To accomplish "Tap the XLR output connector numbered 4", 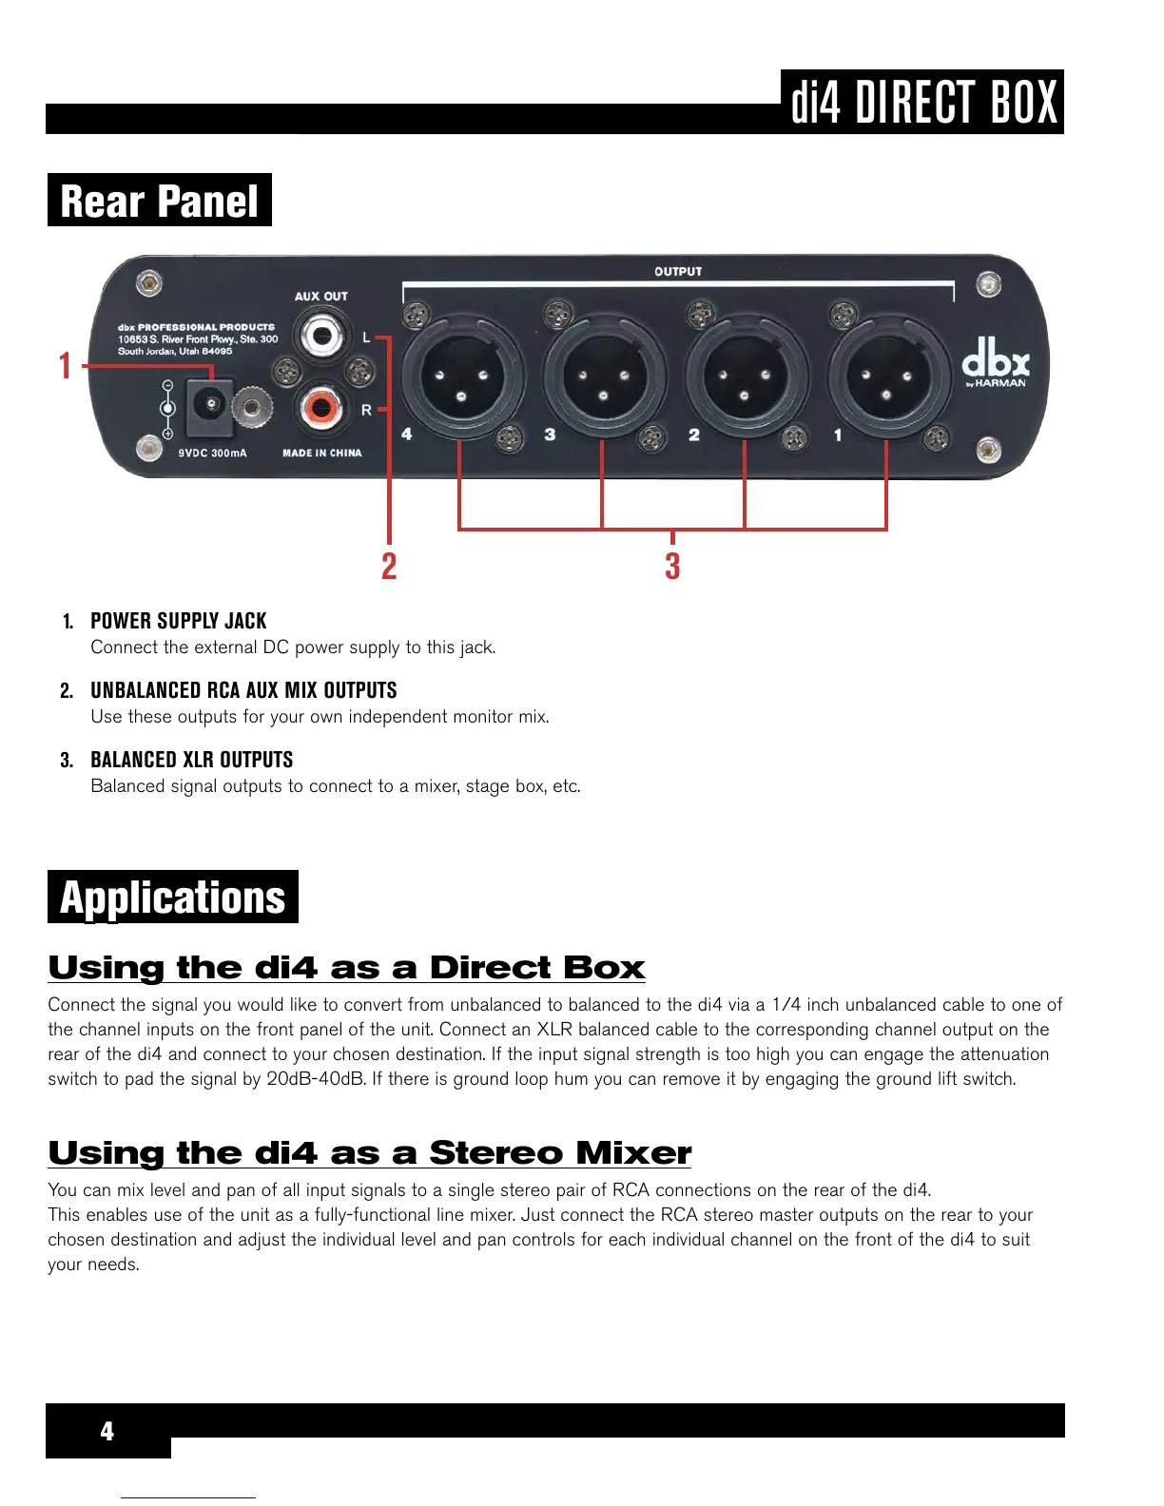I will (x=461, y=376).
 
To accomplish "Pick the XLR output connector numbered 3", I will (x=603, y=376).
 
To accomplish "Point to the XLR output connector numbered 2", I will (x=745, y=376).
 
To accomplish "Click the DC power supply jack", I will (x=208, y=407).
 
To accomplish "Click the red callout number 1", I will (x=65, y=366).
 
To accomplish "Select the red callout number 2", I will (x=389, y=567).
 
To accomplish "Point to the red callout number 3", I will (x=672, y=567).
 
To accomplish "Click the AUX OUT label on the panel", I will (x=320, y=297).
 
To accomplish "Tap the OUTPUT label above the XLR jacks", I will (x=677, y=272).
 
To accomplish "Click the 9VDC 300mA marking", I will (x=212, y=454).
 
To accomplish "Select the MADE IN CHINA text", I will (x=321, y=454).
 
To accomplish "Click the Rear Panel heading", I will (x=159, y=201).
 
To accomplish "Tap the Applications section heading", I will (x=172, y=898).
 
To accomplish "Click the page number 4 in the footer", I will (x=107, y=1431).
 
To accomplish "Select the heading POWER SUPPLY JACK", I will (x=179, y=621).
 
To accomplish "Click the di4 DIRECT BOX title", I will (x=923, y=102).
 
